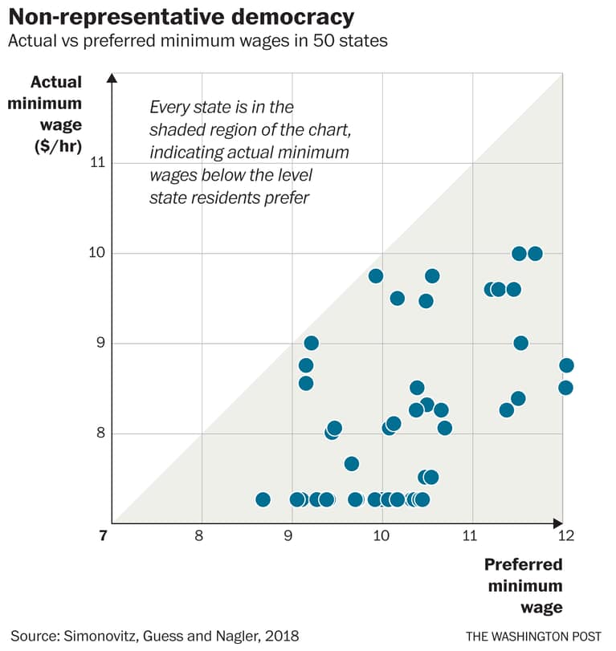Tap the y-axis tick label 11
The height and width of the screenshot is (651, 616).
tap(97, 163)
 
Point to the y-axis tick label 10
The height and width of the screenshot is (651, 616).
tap(97, 253)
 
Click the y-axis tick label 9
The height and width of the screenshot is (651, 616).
tap(100, 344)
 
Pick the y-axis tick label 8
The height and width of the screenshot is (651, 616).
tap(100, 433)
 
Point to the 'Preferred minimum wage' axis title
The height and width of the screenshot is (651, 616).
tap(524, 585)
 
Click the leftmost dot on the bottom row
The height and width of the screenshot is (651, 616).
tap(263, 499)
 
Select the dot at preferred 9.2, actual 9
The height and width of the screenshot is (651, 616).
tap(311, 343)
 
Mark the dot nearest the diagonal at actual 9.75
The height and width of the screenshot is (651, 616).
tap(375, 275)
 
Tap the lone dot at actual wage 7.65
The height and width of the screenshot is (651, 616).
tap(351, 463)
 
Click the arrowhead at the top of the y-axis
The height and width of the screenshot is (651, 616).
tap(112, 77)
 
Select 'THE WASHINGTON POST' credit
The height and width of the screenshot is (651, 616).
tap(533, 636)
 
